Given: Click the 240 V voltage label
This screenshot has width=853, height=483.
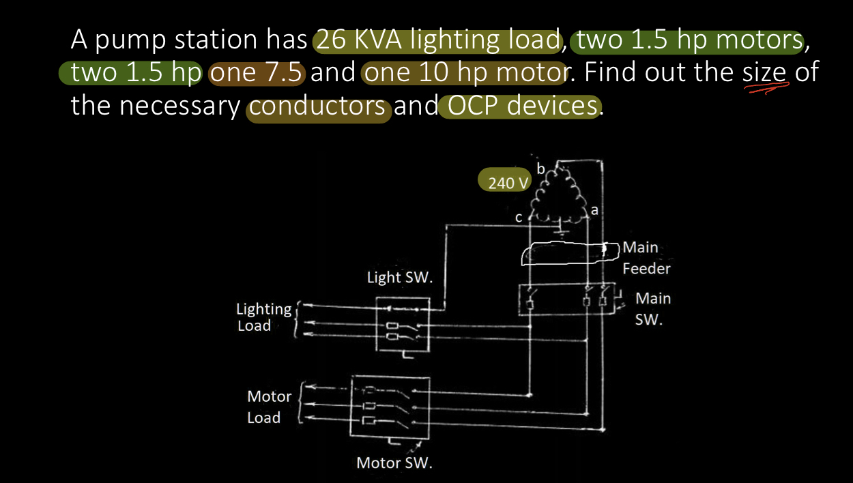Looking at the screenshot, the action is click(x=509, y=182).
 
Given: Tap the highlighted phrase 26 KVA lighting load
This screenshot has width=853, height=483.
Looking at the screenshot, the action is click(x=437, y=41).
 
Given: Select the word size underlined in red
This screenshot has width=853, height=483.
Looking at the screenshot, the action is click(x=764, y=72).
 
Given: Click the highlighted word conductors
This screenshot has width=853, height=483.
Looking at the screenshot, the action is click(x=319, y=107).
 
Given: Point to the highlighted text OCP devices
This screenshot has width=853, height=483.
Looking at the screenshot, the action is click(x=519, y=106).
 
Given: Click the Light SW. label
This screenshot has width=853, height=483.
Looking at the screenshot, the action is click(x=400, y=278).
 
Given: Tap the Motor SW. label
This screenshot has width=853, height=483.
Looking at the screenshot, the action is click(x=394, y=463).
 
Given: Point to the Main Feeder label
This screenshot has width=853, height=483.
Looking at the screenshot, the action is click(x=646, y=258).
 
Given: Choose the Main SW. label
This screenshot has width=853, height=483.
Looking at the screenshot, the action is click(x=652, y=308).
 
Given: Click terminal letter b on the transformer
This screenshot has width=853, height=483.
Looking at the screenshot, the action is click(x=541, y=169).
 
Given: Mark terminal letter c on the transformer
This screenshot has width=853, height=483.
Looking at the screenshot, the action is click(x=519, y=218).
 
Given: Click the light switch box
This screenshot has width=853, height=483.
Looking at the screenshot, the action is click(x=403, y=324).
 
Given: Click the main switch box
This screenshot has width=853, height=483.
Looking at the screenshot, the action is click(x=567, y=300).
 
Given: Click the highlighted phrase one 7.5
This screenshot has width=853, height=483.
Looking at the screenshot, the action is click(x=257, y=72).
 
